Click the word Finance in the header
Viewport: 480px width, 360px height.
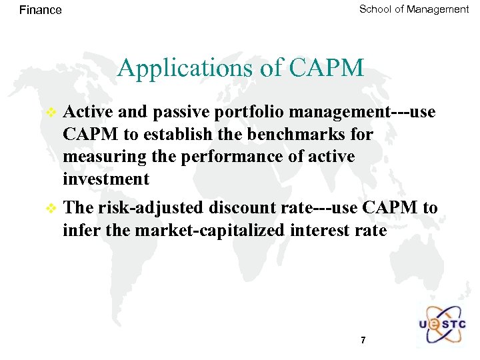pos(41,10)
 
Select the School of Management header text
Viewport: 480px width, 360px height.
pos(414,9)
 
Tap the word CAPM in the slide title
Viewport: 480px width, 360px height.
pos(327,67)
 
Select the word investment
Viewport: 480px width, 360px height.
pos(106,179)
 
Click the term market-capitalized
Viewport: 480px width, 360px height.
pos(211,231)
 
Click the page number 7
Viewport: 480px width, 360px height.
pos(363,340)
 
